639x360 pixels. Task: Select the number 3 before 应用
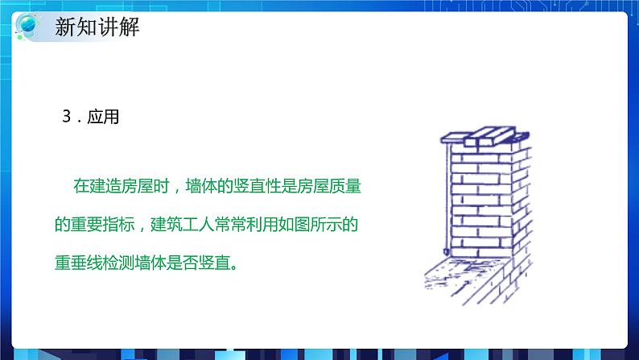(x=67, y=117)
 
